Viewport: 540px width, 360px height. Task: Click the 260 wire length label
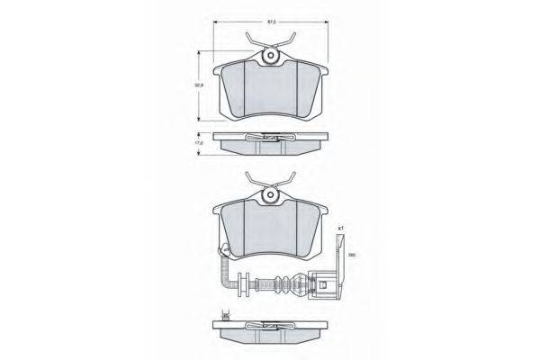click(x=341, y=256)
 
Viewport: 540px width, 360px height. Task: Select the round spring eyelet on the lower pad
click(x=269, y=196)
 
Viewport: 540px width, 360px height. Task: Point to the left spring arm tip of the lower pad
click(x=246, y=175)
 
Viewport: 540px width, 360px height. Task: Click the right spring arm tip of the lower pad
click(x=294, y=175)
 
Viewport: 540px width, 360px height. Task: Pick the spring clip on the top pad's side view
click(x=269, y=138)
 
